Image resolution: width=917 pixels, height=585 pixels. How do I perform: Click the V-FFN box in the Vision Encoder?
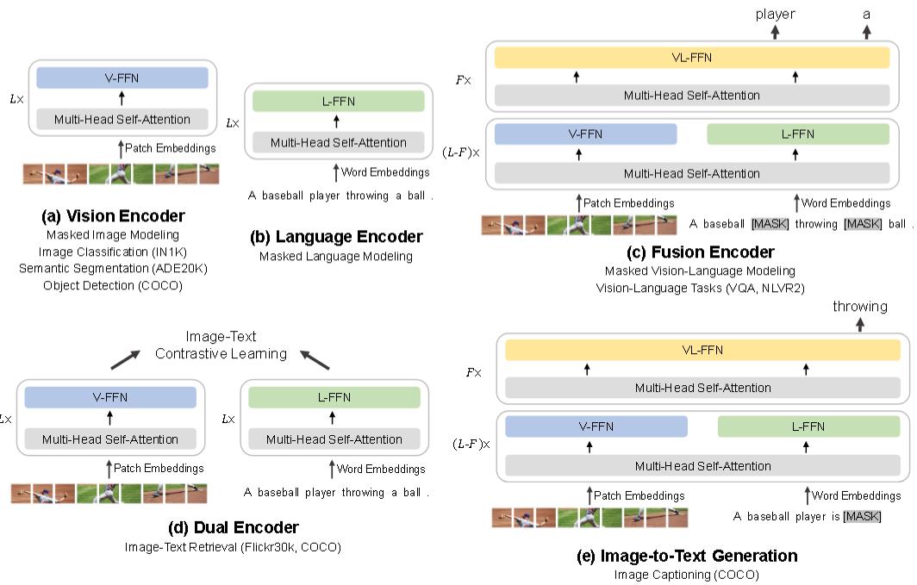coord(122,78)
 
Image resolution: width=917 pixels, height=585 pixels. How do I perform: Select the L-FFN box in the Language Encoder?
coord(338,101)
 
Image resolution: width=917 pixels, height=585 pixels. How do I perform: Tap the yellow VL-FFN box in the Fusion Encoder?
coord(692,58)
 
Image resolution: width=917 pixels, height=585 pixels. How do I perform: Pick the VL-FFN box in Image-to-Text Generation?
coord(703,350)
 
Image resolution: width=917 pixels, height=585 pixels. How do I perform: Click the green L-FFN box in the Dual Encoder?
coord(334,397)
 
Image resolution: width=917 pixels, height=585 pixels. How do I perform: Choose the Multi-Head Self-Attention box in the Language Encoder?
coord(338,142)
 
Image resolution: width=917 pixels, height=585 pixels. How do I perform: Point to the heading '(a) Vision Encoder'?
coord(114,215)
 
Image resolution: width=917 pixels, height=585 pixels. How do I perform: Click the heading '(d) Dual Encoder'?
coord(232,527)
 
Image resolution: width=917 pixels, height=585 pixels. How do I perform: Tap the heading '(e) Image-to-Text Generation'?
coord(687,556)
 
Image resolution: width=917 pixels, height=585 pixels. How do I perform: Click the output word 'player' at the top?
coord(776,13)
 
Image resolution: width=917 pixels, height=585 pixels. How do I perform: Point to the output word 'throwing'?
coord(859,306)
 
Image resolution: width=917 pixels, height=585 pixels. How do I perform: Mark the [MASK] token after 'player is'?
coord(861,517)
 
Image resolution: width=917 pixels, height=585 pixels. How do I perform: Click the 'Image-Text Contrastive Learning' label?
coord(220,345)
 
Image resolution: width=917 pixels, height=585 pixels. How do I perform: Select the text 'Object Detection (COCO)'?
coord(113,285)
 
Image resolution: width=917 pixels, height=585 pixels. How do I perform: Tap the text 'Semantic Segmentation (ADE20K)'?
coord(113,268)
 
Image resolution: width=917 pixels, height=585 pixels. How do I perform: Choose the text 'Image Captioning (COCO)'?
coord(687,574)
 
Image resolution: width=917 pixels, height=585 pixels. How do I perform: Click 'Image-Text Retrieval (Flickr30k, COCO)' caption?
coord(232,546)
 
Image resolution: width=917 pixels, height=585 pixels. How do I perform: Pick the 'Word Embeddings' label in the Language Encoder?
coord(384,172)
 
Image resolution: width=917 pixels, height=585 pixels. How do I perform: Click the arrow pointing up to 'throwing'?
coord(860,324)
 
